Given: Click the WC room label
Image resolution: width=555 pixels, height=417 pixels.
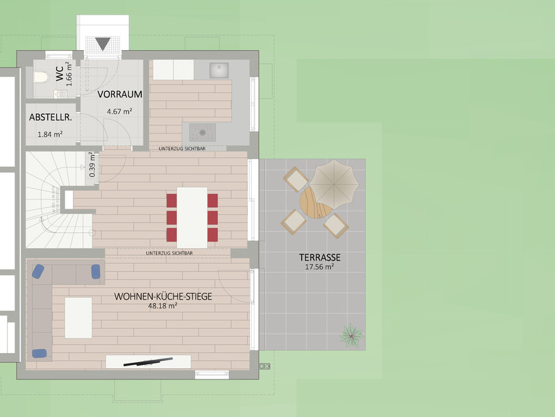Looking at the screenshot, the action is [60, 74].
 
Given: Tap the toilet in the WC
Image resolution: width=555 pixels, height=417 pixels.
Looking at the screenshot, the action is [41, 77].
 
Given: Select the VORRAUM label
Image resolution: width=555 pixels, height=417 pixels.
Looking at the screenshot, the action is [119, 95].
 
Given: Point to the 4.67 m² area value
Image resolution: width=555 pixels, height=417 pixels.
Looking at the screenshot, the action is [119, 111].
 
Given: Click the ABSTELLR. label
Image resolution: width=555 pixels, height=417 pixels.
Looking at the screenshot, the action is [50, 117].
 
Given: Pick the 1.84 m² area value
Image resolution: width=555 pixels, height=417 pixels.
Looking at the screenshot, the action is [50, 134].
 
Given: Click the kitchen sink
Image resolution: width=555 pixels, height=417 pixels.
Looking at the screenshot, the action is [219, 70].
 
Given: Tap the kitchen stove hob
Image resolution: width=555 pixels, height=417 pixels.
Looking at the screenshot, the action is [203, 133].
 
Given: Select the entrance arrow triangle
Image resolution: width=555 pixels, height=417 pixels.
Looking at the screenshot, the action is [103, 44].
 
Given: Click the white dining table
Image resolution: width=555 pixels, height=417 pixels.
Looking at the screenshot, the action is [192, 218].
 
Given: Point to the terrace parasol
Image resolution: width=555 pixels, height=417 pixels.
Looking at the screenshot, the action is [334, 184].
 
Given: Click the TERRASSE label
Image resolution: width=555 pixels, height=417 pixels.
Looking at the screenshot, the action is [320, 257].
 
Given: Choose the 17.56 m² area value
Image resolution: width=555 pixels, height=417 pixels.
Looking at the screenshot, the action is [320, 267].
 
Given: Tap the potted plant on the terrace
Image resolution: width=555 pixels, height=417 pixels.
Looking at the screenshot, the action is [352, 335].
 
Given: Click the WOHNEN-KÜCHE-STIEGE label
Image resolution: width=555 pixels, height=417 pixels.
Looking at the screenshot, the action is [163, 297].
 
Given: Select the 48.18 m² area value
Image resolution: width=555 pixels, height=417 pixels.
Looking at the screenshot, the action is [163, 306].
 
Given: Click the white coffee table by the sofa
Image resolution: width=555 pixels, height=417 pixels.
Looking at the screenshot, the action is [78, 318].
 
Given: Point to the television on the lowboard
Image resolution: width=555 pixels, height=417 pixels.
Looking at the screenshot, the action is [148, 361].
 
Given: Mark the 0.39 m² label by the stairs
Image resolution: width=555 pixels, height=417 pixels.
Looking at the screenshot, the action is [92, 165].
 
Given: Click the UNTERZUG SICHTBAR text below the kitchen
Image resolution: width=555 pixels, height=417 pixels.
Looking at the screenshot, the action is [182, 149].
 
